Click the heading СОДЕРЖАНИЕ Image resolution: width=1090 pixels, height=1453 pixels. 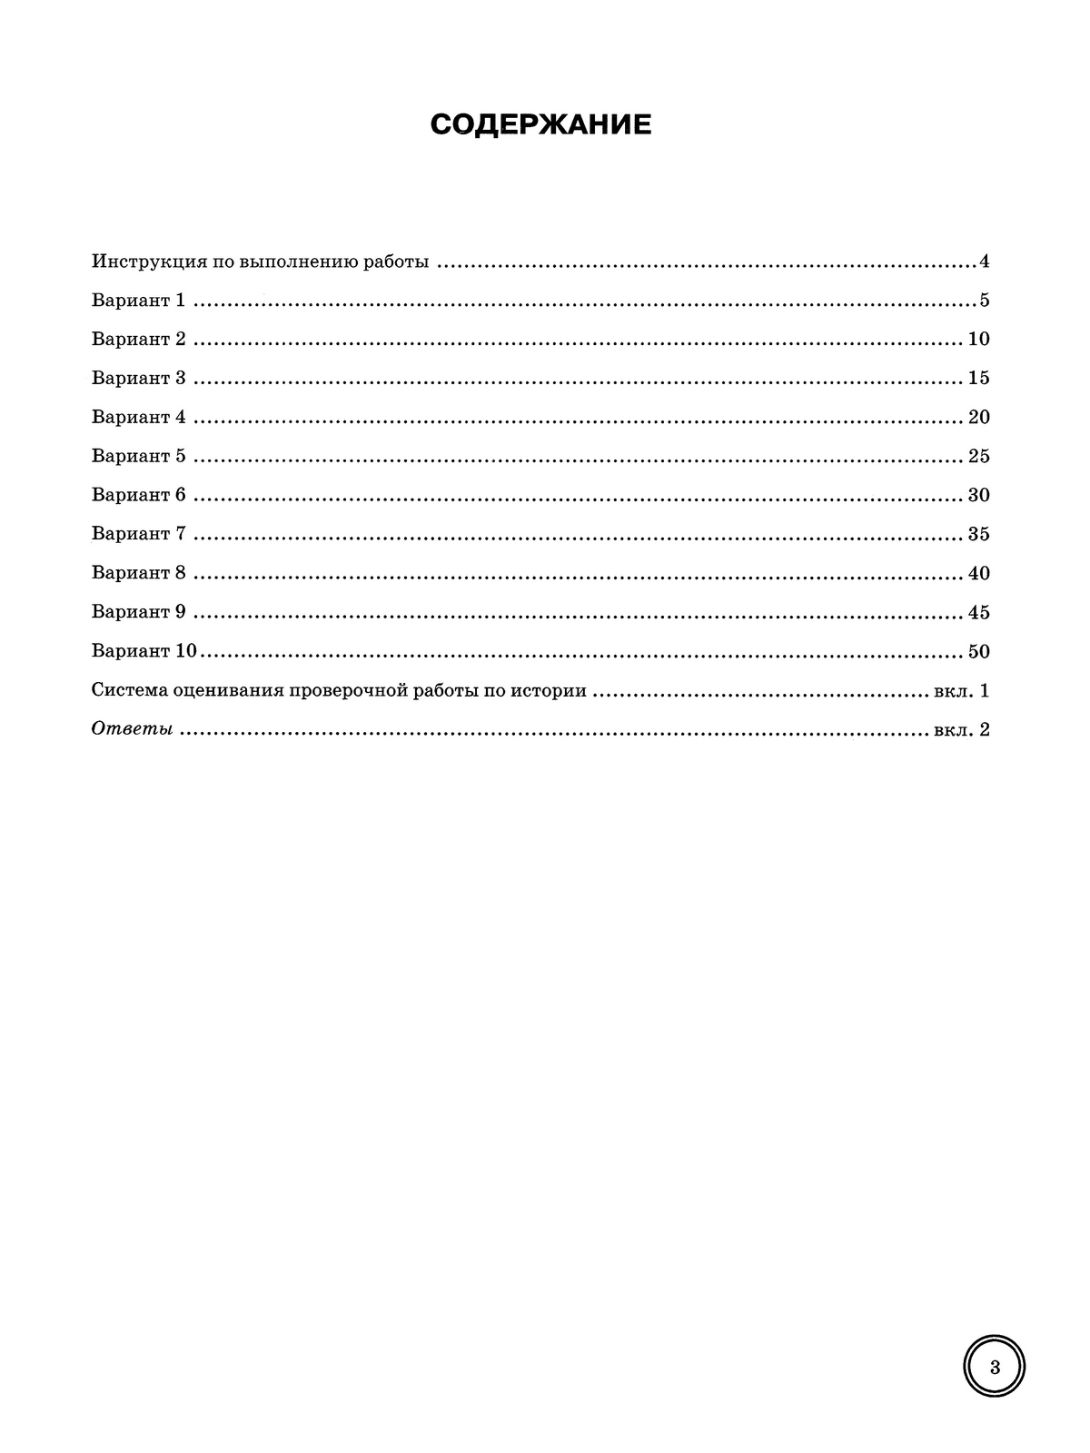(541, 125)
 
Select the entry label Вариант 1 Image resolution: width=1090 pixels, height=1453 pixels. (138, 301)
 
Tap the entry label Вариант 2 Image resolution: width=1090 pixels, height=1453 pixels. (138, 340)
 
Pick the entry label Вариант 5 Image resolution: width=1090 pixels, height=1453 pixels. (138, 457)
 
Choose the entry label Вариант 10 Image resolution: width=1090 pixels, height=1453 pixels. (144, 652)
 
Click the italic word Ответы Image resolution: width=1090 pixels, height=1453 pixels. (132, 730)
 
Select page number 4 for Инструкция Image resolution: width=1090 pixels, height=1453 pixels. (984, 262)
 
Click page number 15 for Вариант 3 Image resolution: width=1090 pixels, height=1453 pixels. (978, 379)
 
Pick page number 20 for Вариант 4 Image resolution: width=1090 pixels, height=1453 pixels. (978, 418)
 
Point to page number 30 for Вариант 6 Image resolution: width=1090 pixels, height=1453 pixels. (978, 496)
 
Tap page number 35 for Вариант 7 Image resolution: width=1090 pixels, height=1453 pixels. (978, 535)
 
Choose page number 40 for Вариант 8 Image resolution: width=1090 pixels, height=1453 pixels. (978, 574)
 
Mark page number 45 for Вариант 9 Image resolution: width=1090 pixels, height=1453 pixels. (978, 613)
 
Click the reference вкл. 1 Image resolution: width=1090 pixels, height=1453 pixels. (961, 691)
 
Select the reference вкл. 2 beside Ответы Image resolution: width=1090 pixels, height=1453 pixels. (961, 730)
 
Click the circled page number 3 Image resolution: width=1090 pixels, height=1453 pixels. (995, 1368)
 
